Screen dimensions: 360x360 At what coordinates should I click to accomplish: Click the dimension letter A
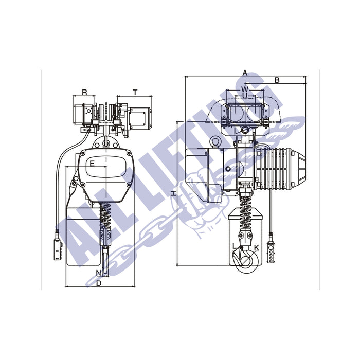coord(245,73)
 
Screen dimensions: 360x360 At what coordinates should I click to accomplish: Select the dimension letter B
coord(277,80)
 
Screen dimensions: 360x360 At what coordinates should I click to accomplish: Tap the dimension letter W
coord(245,88)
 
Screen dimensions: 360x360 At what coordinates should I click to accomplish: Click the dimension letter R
coord(84,92)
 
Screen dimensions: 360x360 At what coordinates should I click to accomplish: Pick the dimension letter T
coord(135,93)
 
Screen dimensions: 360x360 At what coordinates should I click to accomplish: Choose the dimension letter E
coord(92,164)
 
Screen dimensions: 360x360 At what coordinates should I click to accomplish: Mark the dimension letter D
coord(99,283)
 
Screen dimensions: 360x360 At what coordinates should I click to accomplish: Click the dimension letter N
coord(99,273)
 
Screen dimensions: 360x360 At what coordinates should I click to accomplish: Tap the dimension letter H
coord(174,193)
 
